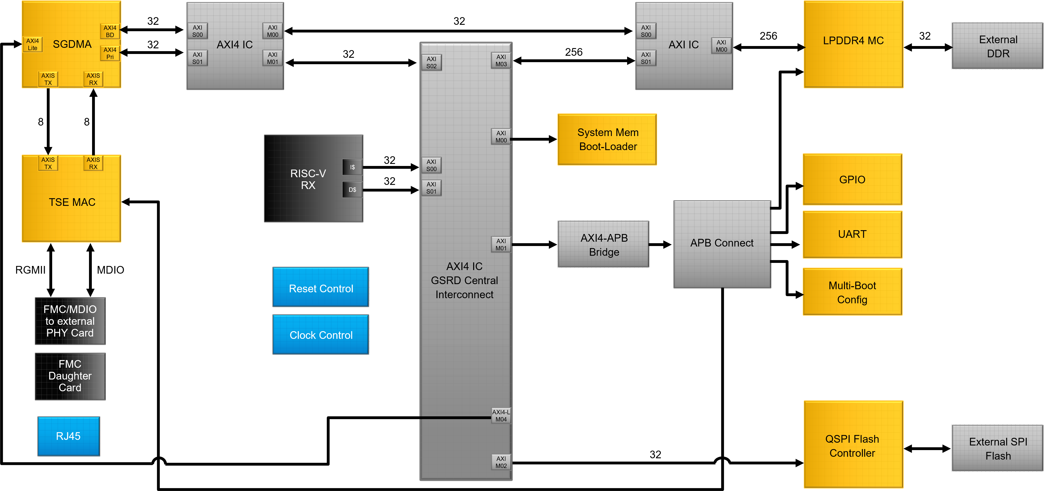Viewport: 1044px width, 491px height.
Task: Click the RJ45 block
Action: (69, 436)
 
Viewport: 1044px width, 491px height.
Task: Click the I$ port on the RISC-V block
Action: (352, 167)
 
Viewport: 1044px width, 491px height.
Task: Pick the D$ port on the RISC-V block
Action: (352, 189)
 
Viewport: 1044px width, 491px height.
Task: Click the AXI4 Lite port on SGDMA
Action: (32, 44)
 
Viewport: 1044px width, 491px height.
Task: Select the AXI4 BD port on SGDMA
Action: (110, 31)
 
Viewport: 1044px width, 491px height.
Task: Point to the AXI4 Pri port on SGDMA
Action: (110, 53)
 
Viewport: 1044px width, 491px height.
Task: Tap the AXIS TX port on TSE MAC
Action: (48, 163)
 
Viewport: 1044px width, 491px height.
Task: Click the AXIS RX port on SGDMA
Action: (93, 79)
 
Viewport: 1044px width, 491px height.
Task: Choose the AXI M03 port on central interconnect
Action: (501, 60)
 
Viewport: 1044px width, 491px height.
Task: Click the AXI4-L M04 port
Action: (501, 416)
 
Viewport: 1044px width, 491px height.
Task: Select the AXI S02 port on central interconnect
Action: (431, 62)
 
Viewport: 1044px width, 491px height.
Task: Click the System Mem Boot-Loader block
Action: (607, 139)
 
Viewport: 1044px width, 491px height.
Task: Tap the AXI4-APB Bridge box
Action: (604, 244)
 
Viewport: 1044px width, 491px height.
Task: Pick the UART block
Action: (852, 234)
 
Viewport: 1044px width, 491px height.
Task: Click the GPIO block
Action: (852, 180)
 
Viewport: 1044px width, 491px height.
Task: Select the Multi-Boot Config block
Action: (852, 292)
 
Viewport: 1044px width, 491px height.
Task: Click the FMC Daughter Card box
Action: (70, 376)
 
